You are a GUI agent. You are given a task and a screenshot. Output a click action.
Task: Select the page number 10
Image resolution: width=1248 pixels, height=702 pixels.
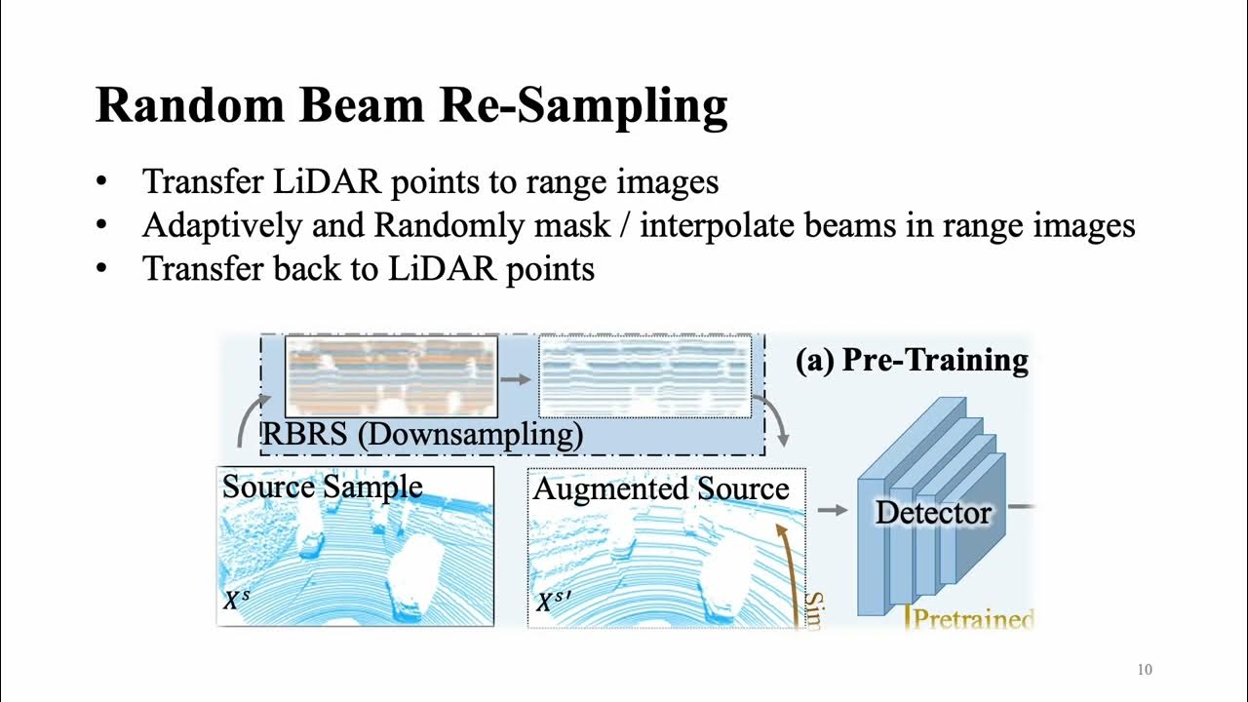point(1145,670)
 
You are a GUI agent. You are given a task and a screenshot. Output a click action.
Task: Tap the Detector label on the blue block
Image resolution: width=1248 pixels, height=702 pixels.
point(933,513)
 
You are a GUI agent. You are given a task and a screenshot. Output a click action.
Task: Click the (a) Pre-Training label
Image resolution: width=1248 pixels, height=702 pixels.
point(912,361)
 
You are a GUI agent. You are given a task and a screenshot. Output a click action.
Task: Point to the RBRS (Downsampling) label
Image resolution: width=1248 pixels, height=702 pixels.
point(421,434)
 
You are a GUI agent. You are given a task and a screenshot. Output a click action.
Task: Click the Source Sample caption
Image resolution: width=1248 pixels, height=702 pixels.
point(322,487)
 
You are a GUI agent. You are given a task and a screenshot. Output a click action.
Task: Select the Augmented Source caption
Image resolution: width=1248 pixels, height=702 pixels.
point(661,487)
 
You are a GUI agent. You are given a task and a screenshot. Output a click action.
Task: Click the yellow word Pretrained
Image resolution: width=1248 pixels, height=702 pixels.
point(973,619)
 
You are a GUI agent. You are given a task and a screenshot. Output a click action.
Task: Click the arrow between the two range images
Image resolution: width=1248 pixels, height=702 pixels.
point(518,378)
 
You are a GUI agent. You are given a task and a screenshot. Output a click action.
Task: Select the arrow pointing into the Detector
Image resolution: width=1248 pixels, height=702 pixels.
point(833,509)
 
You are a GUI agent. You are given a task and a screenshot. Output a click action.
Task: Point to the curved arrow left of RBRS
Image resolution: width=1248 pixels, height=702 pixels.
point(250,419)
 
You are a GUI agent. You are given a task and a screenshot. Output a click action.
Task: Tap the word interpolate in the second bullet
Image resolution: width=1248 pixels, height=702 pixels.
point(711,225)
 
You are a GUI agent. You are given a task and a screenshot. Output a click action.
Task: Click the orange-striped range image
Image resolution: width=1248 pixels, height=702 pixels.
point(391,376)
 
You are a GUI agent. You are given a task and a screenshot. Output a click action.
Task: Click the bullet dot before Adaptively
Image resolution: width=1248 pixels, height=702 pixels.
point(102,226)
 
